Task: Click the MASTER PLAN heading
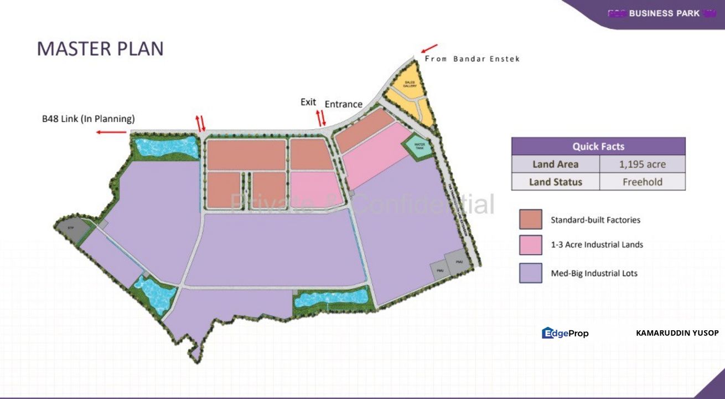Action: tap(100, 49)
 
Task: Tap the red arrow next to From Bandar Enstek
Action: tap(429, 48)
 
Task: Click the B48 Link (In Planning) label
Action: tap(89, 119)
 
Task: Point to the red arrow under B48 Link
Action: tap(110, 132)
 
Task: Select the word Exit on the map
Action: tap(308, 102)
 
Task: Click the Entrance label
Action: tap(343, 104)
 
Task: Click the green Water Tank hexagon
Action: tap(418, 146)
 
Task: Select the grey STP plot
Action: tap(71, 228)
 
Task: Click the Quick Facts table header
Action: tap(598, 146)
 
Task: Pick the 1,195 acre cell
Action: tap(642, 164)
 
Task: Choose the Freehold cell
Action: tap(642, 182)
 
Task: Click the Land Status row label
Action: tap(556, 182)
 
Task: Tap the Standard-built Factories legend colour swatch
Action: tap(530, 219)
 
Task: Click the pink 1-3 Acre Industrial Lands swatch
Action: tap(530, 245)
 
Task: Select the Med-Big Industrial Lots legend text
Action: tap(594, 273)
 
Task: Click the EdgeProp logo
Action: tap(565, 333)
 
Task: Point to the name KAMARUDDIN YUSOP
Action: tap(677, 333)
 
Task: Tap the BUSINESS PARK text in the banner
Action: tap(664, 13)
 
